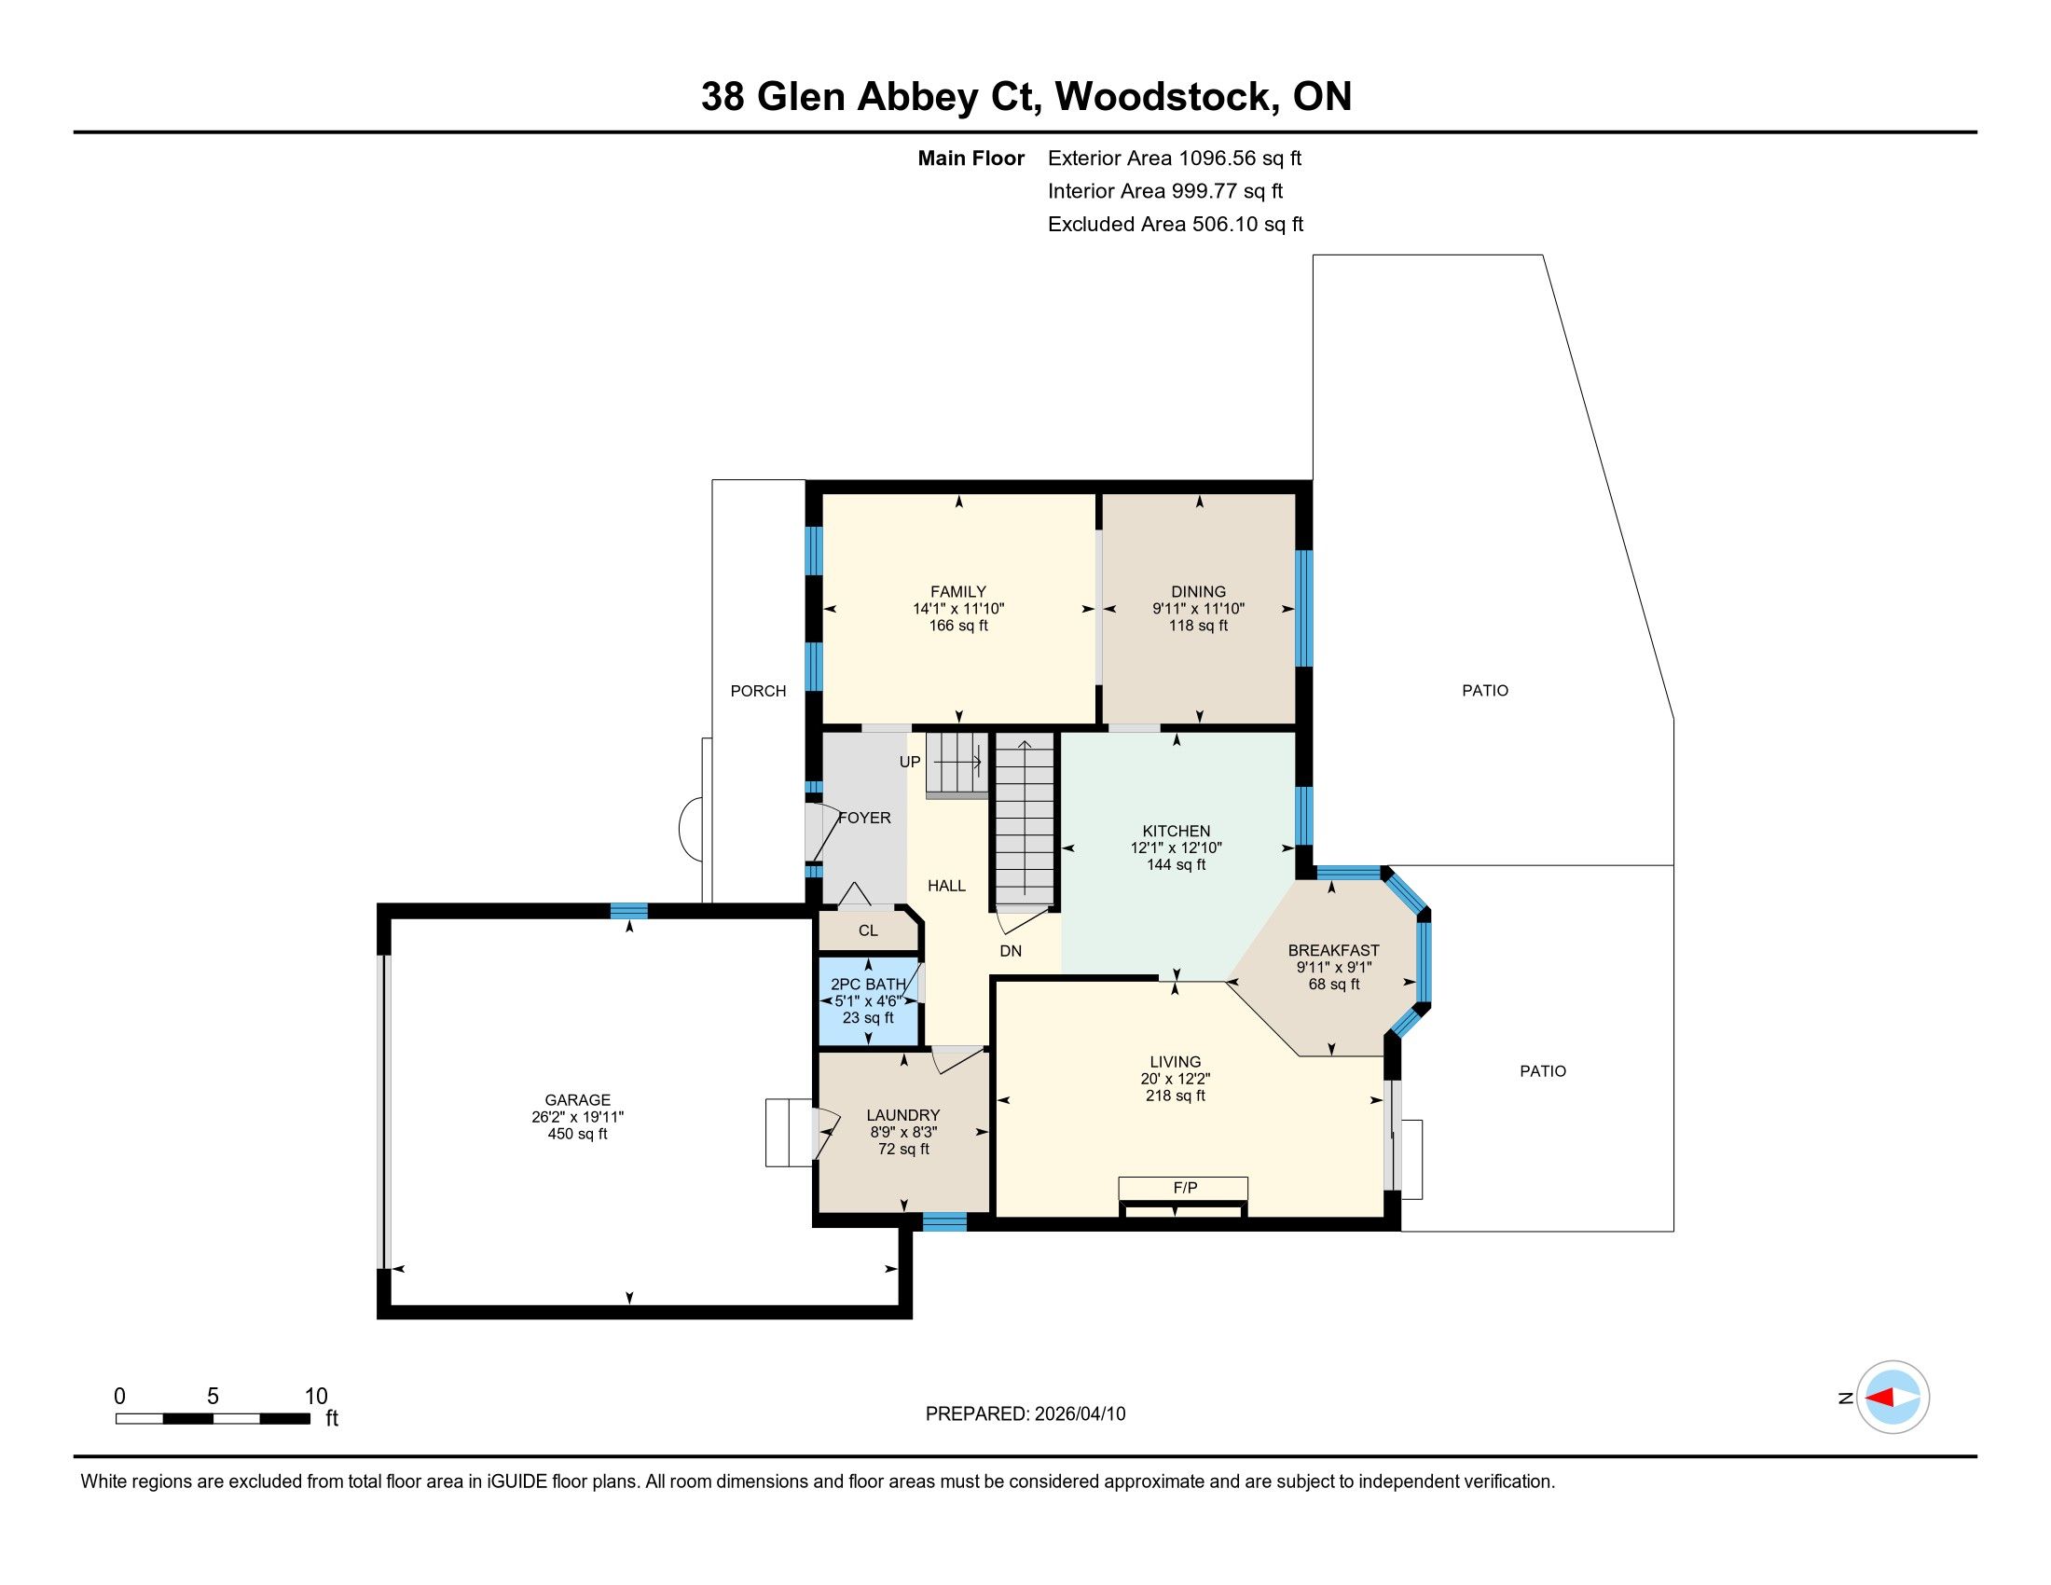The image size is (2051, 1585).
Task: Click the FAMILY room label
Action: [x=957, y=591]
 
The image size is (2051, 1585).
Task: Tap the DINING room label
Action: [x=1198, y=591]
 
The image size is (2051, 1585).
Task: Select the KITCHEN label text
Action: [x=1176, y=831]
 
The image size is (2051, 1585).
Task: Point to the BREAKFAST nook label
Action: [x=1333, y=950]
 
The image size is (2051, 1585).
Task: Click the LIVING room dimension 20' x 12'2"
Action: [x=1175, y=1079]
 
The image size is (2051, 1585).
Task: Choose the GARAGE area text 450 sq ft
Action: [x=578, y=1134]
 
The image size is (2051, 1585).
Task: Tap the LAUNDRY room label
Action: [x=902, y=1114]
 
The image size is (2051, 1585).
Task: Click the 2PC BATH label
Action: [x=869, y=984]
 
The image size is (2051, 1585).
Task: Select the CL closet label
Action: [x=868, y=930]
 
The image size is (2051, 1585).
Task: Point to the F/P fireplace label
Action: [x=1185, y=1188]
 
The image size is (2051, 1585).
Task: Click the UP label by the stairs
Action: [x=910, y=763]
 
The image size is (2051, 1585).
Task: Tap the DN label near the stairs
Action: [x=1011, y=951]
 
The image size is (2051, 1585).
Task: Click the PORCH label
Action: [x=758, y=691]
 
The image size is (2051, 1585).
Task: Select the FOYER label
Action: [x=864, y=818]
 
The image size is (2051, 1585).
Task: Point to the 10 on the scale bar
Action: [x=316, y=1397]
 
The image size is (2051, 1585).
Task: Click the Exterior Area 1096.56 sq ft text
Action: [x=1175, y=158]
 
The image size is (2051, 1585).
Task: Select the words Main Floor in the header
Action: [x=971, y=158]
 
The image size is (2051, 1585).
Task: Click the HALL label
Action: [x=946, y=886]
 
